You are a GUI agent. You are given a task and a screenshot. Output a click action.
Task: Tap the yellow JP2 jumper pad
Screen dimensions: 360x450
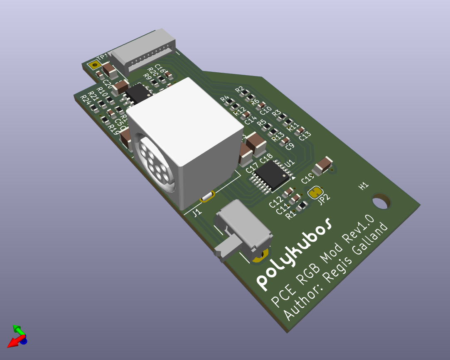(316, 192)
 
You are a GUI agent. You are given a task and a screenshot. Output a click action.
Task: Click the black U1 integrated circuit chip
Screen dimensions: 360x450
(272, 176)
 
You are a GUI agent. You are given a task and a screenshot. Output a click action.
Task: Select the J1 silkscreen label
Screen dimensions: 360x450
(197, 213)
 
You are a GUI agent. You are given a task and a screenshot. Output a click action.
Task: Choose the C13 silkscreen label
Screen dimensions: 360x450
(305, 136)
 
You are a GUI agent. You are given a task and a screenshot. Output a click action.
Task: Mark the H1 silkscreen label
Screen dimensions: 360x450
(364, 186)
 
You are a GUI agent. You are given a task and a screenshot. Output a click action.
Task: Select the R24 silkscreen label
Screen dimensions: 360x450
(85, 99)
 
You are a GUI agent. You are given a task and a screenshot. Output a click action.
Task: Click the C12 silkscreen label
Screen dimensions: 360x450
(275, 203)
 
